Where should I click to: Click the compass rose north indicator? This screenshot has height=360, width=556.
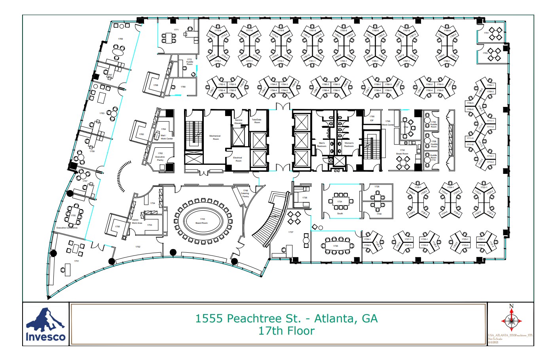tap(511, 320)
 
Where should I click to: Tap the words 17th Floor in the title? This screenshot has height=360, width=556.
tap(287, 331)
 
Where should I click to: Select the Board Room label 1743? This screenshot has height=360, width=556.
tap(202, 221)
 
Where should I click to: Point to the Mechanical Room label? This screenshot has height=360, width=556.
tap(215, 137)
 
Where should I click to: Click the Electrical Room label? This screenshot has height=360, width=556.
tap(238, 159)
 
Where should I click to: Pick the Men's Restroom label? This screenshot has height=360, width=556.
tap(321, 145)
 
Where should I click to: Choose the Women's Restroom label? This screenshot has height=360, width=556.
tap(349, 145)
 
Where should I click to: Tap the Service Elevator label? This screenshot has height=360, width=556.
tap(238, 122)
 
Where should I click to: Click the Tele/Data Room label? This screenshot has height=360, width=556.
tap(256, 121)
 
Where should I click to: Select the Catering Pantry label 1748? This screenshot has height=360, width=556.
tap(245, 193)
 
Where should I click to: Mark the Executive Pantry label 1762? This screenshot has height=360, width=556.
tap(160, 156)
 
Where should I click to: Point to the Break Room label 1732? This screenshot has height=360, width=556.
tap(402, 152)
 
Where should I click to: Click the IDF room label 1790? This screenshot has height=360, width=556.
tap(372, 118)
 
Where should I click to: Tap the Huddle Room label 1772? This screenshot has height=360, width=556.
tap(190, 62)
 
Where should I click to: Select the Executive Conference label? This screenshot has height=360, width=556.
tap(67, 228)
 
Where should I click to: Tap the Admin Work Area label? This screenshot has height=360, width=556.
tap(137, 221)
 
